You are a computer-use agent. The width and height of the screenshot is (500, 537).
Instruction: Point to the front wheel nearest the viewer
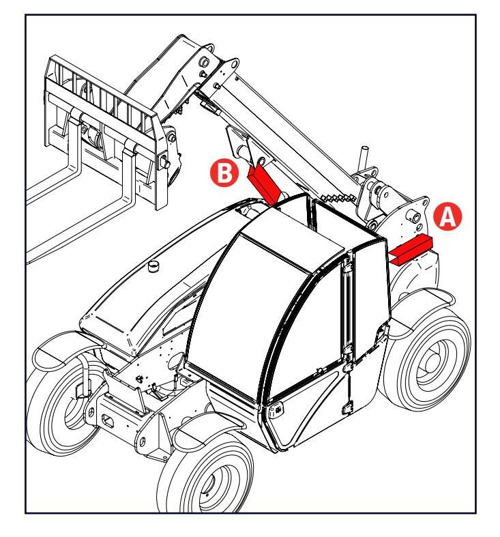(x=205, y=484)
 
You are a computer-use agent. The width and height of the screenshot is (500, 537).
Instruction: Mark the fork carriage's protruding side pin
(x=165, y=161)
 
